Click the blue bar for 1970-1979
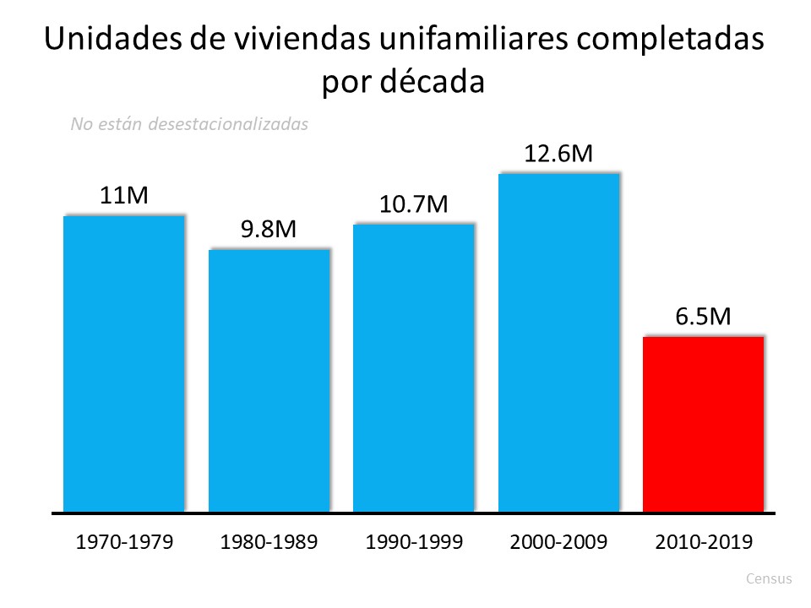[x=124, y=364]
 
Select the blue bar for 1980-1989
[x=269, y=380]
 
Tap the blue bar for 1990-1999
[x=414, y=367]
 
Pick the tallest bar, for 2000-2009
[x=558, y=342]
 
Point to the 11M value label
[x=124, y=196]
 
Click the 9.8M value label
[x=269, y=230]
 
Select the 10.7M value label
[x=414, y=204]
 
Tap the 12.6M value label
[x=558, y=154]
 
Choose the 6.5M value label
[x=704, y=317]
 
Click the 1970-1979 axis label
[x=124, y=542]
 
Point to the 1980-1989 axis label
[x=269, y=542]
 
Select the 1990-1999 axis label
[x=414, y=542]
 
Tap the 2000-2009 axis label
[x=558, y=542]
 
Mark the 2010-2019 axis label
[x=704, y=542]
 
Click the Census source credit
[x=770, y=579]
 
